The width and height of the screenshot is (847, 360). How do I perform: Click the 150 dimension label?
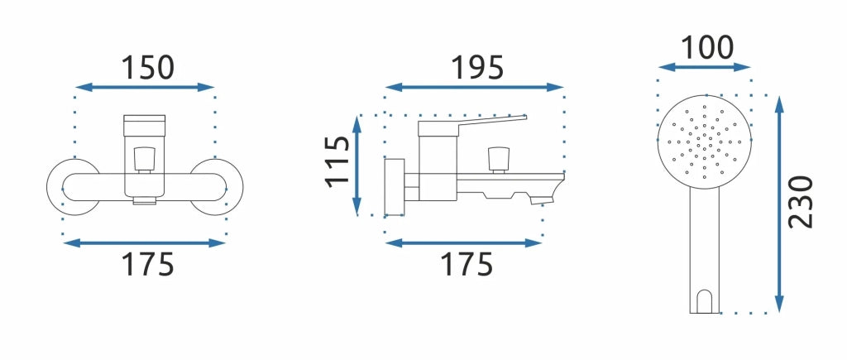click(147, 68)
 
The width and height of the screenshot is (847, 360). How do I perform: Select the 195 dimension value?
click(477, 68)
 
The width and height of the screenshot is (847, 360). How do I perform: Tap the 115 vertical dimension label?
click(338, 161)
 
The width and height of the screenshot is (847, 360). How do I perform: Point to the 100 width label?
click(707, 47)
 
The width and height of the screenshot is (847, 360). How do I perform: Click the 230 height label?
click(801, 202)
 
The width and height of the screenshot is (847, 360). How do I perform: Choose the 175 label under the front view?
click(147, 264)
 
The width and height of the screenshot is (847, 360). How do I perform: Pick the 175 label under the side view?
click(467, 264)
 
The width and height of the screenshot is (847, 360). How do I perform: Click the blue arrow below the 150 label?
click(146, 87)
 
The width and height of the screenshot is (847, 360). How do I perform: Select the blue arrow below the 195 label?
click(474, 87)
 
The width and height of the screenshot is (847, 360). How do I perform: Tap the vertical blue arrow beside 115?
click(357, 166)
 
